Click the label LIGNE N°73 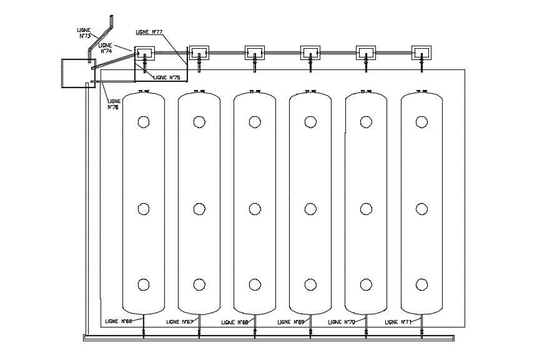(x=85, y=33)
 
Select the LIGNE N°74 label (x=105, y=48)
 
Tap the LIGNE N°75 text (x=166, y=77)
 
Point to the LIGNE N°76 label (x=114, y=104)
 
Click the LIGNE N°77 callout (x=149, y=32)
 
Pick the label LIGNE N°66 (x=118, y=321)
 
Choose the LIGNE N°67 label (x=180, y=322)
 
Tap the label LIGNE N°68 (x=235, y=322)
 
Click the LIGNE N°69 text (x=291, y=322)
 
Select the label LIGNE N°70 (x=341, y=322)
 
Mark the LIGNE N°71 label (x=398, y=322)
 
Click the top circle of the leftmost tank (x=144, y=121)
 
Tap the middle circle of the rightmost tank (x=421, y=209)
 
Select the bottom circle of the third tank (x=255, y=285)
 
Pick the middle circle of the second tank (x=199, y=209)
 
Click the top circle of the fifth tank (x=366, y=121)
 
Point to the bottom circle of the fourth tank (x=310, y=285)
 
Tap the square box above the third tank (x=255, y=53)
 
